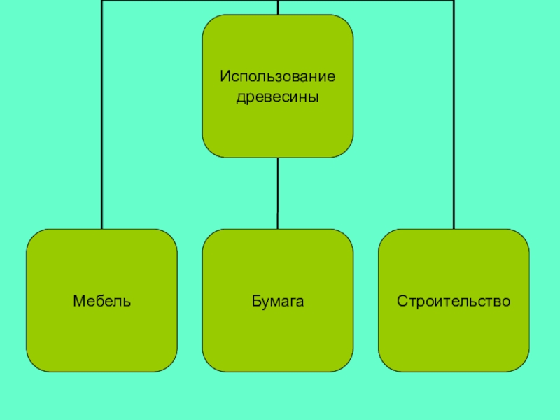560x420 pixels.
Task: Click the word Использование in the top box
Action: click(278, 75)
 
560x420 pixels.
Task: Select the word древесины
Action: click(278, 97)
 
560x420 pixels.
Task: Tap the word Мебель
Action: click(102, 302)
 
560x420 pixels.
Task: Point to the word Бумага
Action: click(278, 302)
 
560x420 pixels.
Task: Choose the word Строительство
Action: click(454, 302)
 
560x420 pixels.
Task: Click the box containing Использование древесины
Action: click(278, 126)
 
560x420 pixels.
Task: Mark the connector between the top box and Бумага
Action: click(278, 192)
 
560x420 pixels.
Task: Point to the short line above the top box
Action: click(278, 7)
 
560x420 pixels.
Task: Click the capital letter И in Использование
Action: click(223, 75)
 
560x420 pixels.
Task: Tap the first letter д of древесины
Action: click(240, 97)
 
